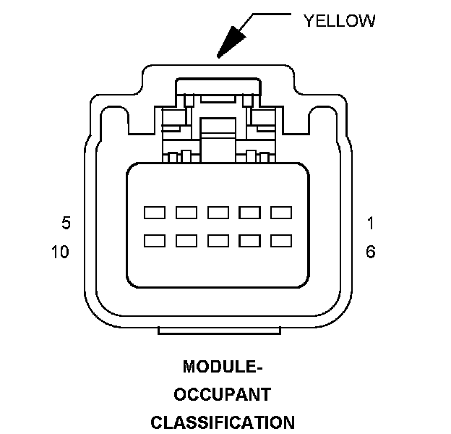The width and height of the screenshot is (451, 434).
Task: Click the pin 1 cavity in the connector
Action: [280, 213]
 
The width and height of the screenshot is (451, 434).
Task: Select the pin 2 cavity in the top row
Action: [249, 213]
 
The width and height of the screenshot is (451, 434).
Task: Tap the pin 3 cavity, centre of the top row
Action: [218, 213]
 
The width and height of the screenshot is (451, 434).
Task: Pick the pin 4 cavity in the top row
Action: [186, 213]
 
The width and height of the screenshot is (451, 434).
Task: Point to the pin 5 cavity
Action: [155, 213]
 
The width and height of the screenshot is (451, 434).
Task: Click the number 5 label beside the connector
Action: [66, 223]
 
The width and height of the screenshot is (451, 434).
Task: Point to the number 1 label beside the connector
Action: [371, 223]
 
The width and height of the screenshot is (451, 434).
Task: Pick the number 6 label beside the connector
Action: [371, 252]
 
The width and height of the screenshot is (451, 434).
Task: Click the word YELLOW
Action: [339, 21]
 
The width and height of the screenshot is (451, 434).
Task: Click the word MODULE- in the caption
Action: [222, 367]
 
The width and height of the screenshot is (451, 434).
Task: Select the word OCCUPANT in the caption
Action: [222, 394]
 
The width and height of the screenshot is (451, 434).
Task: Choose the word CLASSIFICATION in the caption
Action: [222, 422]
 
